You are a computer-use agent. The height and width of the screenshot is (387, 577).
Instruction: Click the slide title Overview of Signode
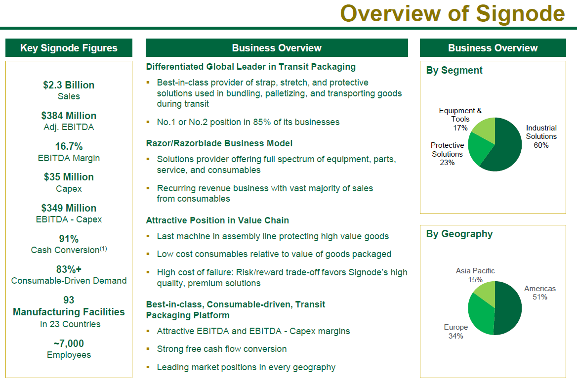tap(452, 13)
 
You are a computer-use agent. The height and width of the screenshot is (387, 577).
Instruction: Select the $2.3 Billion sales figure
tap(69, 85)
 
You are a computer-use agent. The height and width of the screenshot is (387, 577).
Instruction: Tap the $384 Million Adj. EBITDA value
tap(69, 116)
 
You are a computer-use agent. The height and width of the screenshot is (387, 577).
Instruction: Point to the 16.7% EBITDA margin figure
tap(69, 146)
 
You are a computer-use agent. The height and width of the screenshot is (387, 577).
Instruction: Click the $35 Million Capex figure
tap(69, 177)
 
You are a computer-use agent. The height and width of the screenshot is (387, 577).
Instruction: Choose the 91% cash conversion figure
tap(69, 239)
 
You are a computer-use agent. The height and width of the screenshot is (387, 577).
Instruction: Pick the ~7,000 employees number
tap(69, 343)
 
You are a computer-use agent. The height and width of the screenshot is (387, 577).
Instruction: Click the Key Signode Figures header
tap(69, 48)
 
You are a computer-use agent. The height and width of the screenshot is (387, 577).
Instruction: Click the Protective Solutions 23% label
tap(447, 154)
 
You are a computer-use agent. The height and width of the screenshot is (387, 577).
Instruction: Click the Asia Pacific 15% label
tap(475, 275)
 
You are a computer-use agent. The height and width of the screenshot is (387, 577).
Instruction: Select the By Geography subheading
tap(459, 234)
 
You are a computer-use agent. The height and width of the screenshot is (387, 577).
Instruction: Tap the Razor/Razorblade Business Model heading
tap(219, 143)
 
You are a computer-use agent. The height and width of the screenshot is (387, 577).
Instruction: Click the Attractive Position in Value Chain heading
tap(217, 220)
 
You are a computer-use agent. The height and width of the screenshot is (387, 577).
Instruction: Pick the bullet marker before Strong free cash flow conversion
tap(148, 348)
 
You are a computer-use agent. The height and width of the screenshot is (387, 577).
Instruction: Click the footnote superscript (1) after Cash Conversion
tap(103, 248)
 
